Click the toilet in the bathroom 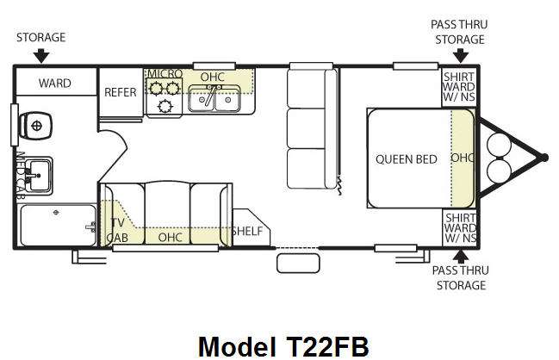coord(35,126)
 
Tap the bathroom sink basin coord(39,176)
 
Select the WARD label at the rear coord(55,83)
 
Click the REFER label coord(121,92)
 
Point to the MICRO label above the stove coord(165,74)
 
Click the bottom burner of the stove coord(165,106)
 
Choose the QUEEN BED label coord(407,159)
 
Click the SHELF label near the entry coord(247,232)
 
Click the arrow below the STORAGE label coord(41,56)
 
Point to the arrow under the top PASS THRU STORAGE coord(461,56)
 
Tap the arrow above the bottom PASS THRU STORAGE coord(461,257)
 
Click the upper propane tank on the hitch coord(499,145)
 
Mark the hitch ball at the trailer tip coord(544,158)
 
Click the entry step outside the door coord(298,264)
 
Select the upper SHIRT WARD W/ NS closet coord(459,87)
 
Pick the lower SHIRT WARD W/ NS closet coord(460,227)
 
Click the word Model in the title coord(237,346)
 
